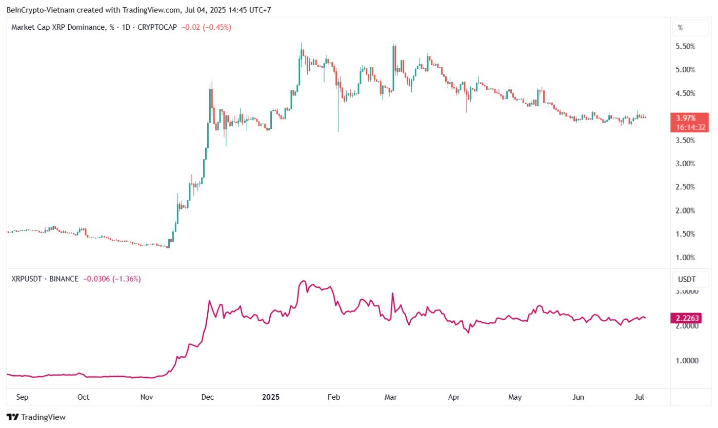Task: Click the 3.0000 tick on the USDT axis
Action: tap(688, 291)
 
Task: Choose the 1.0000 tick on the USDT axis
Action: tap(688, 361)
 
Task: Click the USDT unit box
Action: tap(687, 279)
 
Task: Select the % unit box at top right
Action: tap(681, 28)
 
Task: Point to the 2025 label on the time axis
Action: tap(271, 397)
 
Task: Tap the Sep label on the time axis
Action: tap(22, 397)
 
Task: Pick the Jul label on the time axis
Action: tap(640, 397)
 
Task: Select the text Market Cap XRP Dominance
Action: tap(57, 27)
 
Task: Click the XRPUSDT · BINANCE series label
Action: tap(45, 279)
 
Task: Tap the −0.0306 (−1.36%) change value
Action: tap(112, 279)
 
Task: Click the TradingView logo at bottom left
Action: tap(36, 417)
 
